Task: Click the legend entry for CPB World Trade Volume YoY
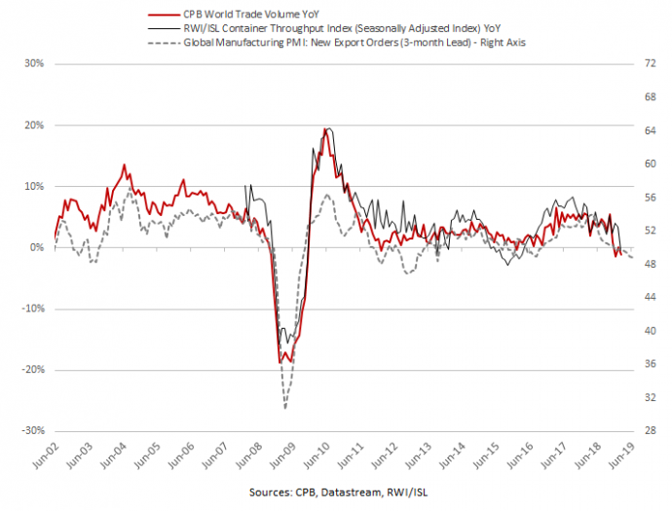pos(251,16)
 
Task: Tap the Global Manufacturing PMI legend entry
pos(337,45)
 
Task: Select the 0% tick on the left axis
pos(36,248)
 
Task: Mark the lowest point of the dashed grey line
pos(285,407)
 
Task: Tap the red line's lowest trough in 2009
pos(280,363)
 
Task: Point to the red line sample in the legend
pos(159,16)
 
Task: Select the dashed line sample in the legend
pos(159,45)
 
